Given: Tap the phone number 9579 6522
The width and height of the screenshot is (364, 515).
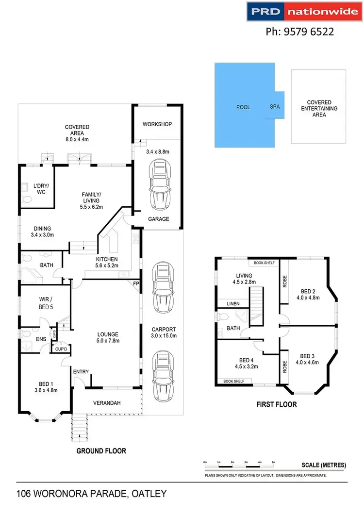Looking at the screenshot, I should (300, 32).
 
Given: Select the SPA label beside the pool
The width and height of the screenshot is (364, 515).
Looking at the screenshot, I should (275, 107).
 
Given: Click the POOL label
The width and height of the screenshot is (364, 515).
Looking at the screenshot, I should (243, 107).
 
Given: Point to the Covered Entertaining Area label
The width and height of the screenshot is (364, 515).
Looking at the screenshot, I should (319, 108).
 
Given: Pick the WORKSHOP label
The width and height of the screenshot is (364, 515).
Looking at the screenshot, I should (157, 124).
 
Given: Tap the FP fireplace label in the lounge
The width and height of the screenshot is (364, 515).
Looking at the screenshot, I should (137, 284).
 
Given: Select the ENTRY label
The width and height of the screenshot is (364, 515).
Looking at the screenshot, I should (81, 372).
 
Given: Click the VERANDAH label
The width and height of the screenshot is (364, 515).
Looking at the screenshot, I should (107, 403).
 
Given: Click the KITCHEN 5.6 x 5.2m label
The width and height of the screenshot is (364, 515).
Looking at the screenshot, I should (107, 262).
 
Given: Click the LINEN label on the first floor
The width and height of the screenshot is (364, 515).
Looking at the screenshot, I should (232, 304).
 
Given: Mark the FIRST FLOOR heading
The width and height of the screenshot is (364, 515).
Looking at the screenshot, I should (277, 404).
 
